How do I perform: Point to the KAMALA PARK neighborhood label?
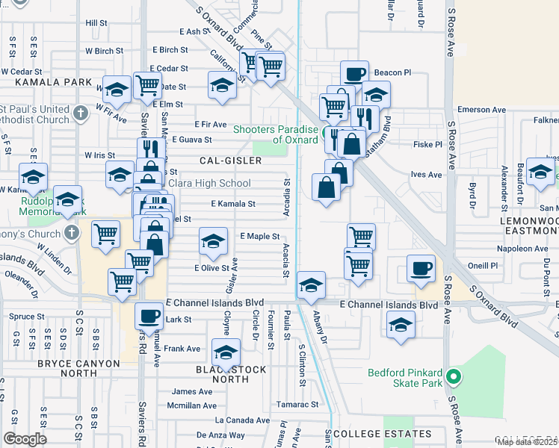(46, 81)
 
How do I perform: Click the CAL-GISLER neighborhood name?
(230, 161)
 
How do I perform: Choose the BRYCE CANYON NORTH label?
(78, 364)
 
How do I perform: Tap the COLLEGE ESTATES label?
(382, 434)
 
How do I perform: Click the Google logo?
(25, 439)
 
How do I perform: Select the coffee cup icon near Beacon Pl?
(355, 74)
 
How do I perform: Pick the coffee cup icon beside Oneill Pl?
(421, 268)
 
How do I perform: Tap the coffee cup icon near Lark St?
(149, 316)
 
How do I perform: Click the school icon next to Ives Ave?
(540, 171)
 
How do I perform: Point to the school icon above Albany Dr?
(311, 284)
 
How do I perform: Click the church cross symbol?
(71, 231)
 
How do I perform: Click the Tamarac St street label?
(297, 405)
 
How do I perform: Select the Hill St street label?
(96, 23)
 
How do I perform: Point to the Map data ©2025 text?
(528, 442)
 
